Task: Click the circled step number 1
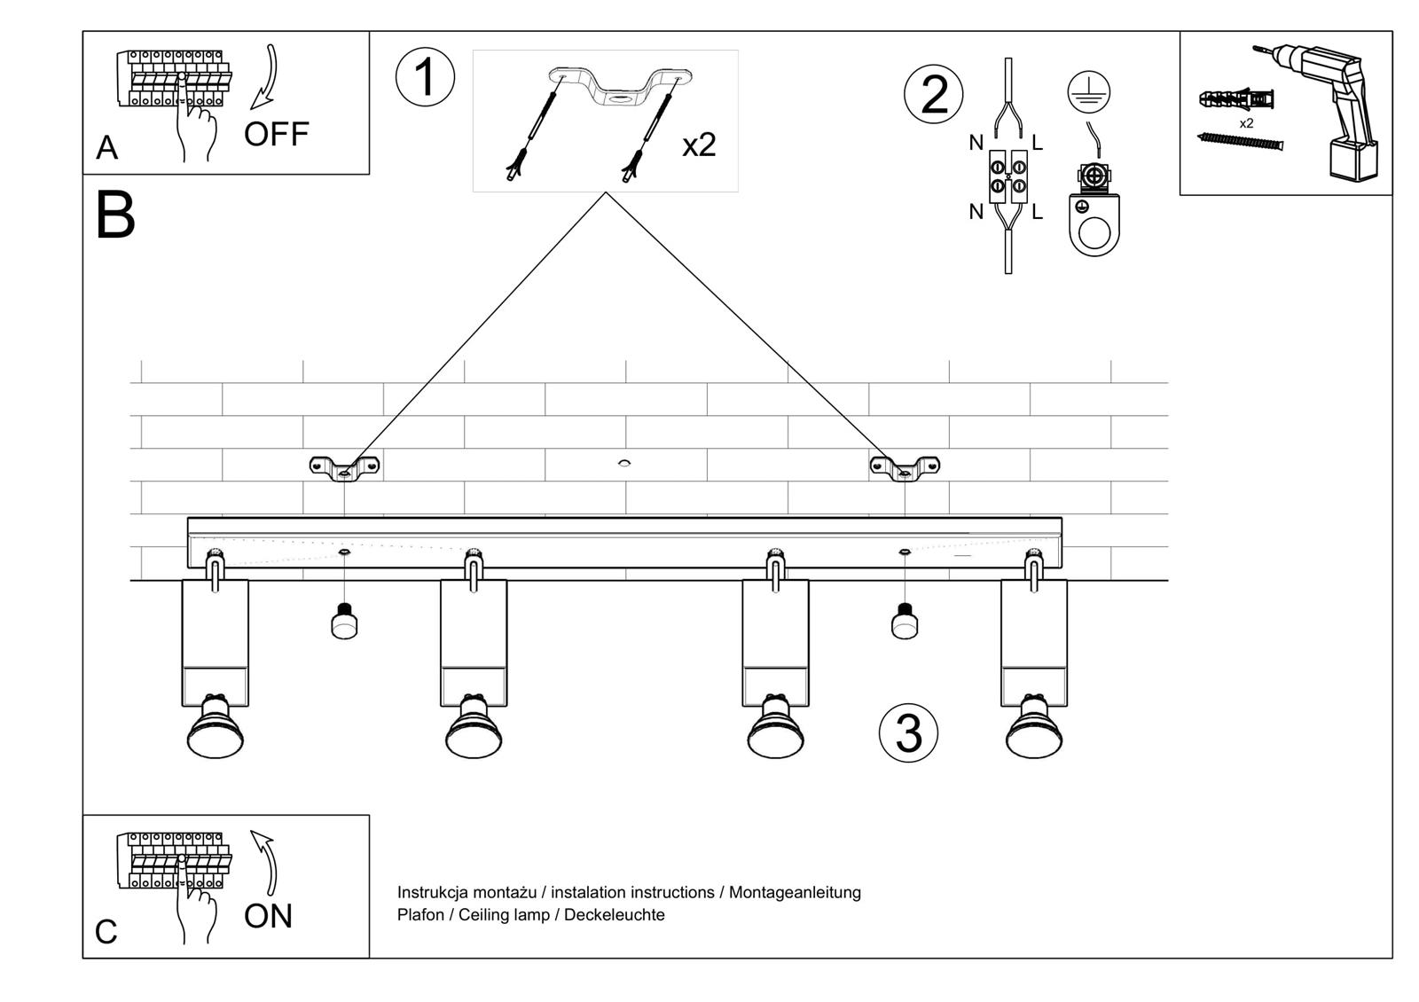(425, 77)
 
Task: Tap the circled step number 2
(933, 95)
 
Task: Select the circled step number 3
(908, 733)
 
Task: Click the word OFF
(276, 135)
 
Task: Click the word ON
(268, 916)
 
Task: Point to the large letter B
(115, 215)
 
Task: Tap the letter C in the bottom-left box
(106, 932)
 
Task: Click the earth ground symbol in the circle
(1089, 92)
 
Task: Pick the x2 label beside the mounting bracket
(699, 145)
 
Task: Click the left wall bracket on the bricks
(344, 466)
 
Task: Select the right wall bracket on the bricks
(905, 466)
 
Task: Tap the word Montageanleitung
(795, 892)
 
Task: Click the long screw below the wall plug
(1241, 141)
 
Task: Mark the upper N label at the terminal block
(976, 143)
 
